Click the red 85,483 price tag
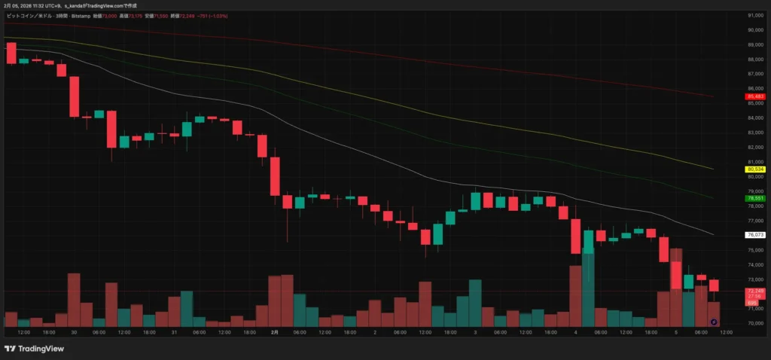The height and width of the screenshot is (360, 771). click(755, 96)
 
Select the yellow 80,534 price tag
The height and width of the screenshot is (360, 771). click(755, 169)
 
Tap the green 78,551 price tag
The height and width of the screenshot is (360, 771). click(755, 198)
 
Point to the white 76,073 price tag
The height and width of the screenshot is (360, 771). click(755, 235)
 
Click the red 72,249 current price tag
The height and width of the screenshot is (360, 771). click(755, 291)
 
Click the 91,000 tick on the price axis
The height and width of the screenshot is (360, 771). click(755, 15)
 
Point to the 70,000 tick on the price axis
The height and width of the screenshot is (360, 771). click(755, 323)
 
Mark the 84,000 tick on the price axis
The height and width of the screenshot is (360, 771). click(755, 117)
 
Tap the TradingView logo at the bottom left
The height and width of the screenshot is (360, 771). click(33, 349)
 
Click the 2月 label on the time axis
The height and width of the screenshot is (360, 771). click(274, 331)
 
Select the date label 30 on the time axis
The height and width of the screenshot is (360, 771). click(74, 331)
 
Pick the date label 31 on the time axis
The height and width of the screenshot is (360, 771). click(174, 331)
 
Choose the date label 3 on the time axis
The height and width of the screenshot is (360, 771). click(475, 331)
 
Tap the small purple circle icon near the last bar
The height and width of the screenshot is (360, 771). click(714, 322)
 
